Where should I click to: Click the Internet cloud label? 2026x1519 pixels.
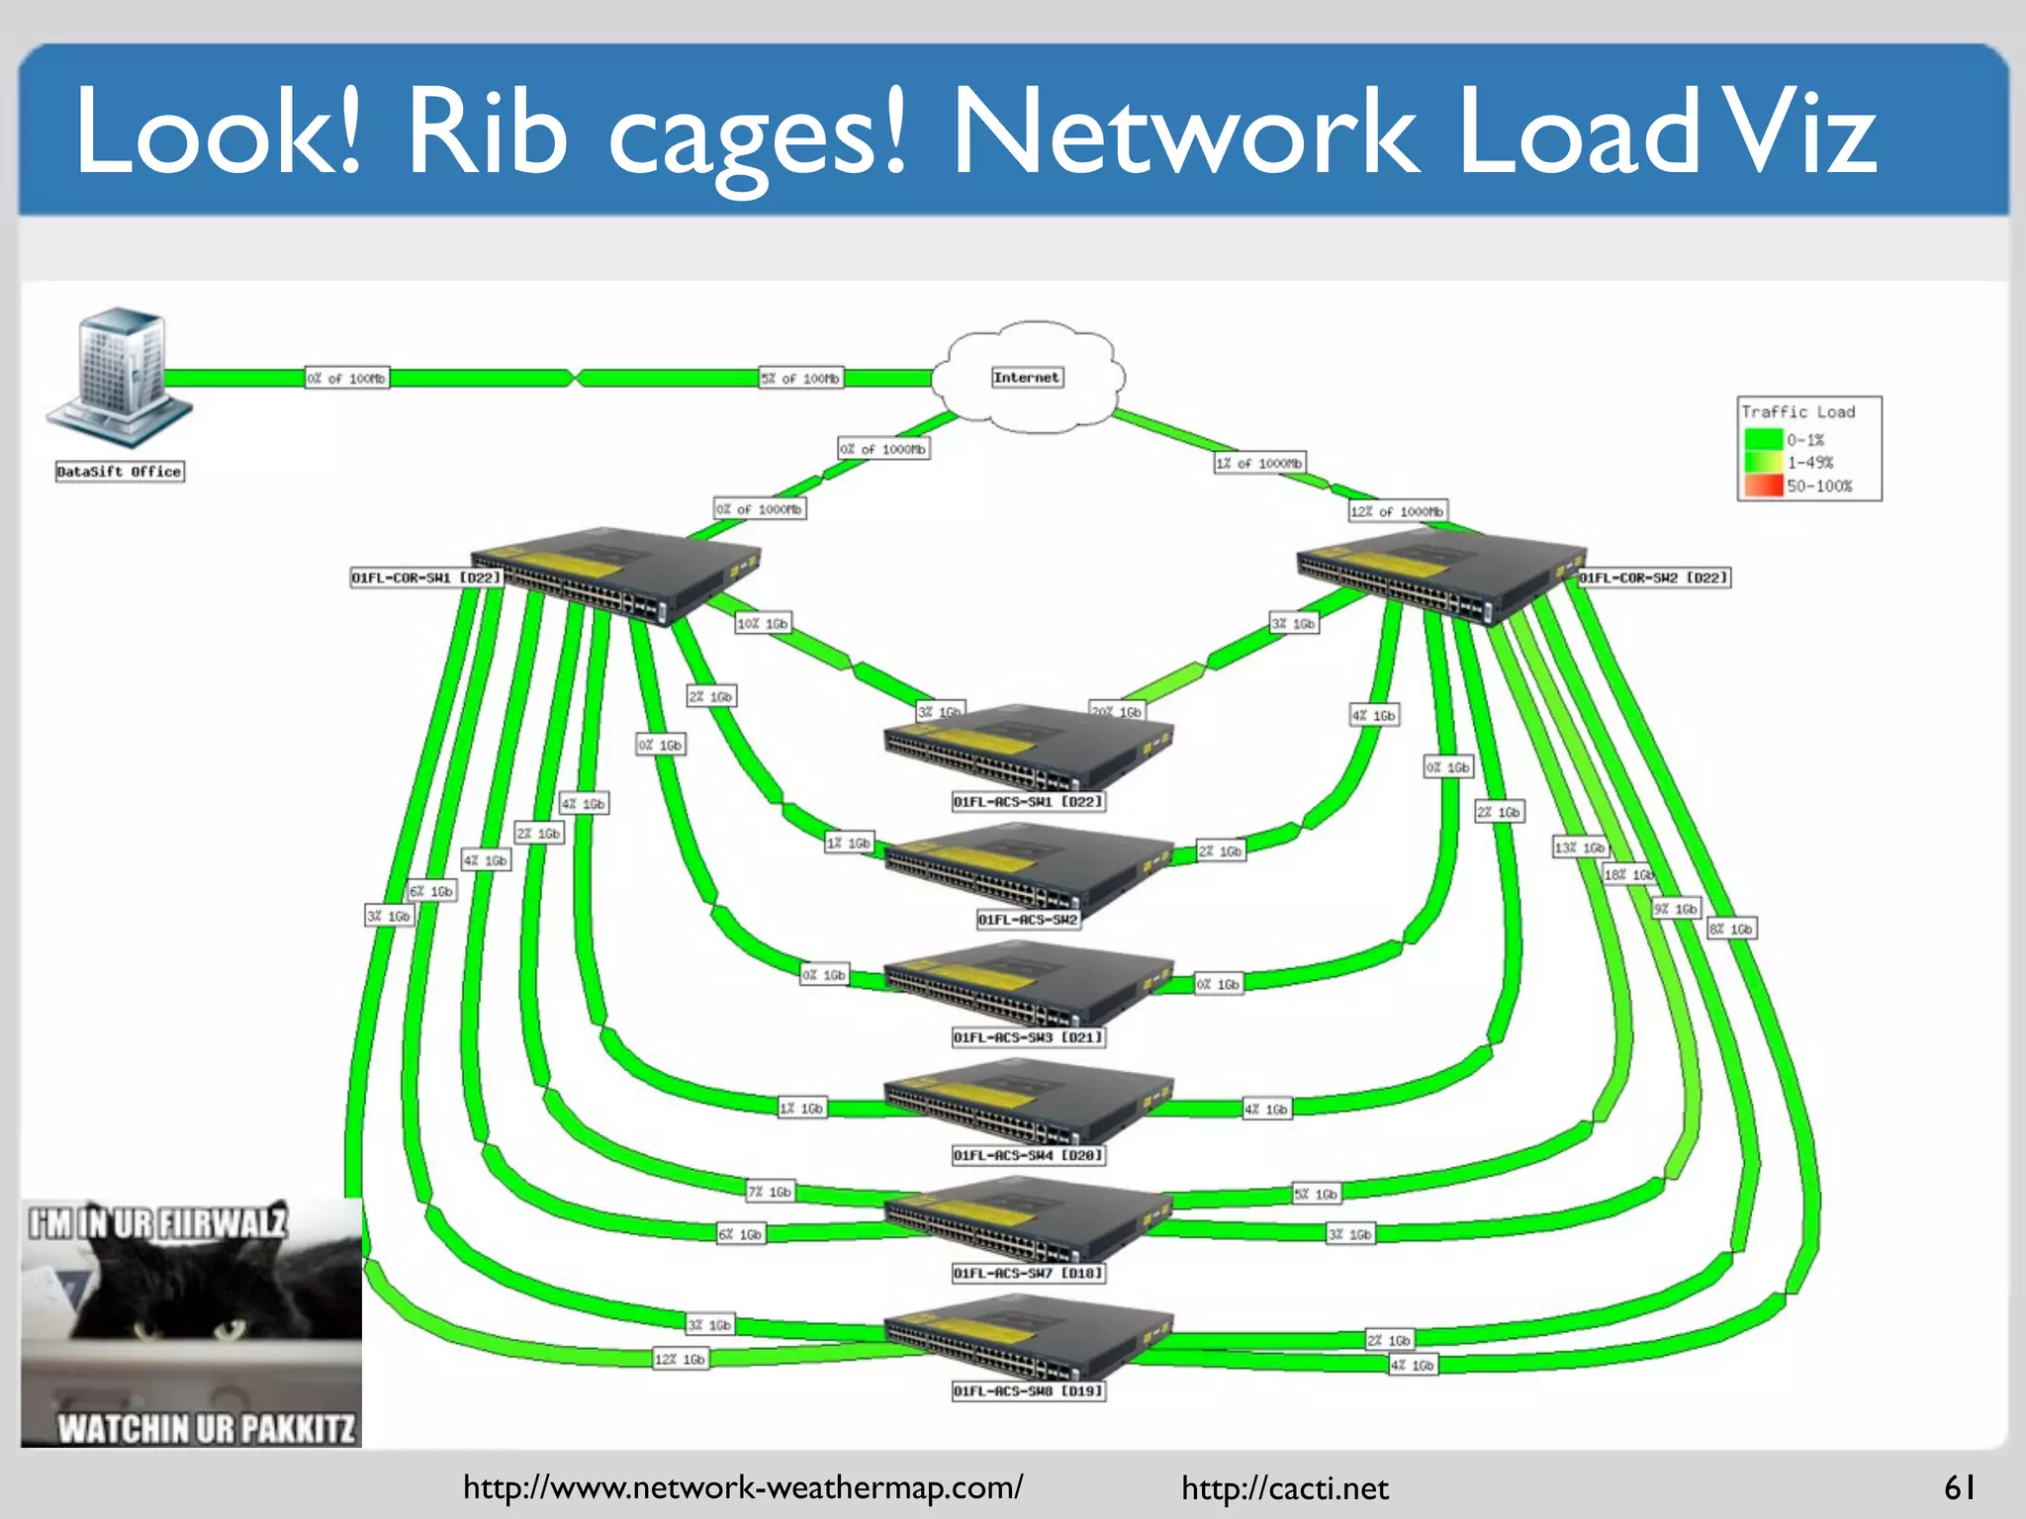coord(1027,377)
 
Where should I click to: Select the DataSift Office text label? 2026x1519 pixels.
coord(120,472)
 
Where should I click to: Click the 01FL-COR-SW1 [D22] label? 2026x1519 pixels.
coord(426,578)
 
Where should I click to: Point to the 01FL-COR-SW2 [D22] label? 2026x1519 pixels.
coord(1654,578)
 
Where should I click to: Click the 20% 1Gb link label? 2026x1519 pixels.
coord(1117,711)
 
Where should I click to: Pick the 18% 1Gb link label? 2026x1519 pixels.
coord(1628,874)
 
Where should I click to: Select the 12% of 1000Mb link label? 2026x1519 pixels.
coord(1397,511)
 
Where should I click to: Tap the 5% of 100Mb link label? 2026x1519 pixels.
coord(800,378)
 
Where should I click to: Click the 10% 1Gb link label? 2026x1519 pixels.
coord(763,624)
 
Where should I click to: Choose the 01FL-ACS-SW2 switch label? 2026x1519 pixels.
coord(1028,920)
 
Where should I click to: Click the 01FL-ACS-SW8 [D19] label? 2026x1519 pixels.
coord(1028,1391)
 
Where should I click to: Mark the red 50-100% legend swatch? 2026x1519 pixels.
coord(1762,486)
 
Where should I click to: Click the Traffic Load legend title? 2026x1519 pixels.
coord(1797,411)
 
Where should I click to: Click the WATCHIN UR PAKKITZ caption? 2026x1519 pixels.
coord(205,1428)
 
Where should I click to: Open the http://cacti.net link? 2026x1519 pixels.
coord(1284,1488)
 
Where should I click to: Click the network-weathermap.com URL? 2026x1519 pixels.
coord(743,1487)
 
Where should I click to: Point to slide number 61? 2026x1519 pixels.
coord(1960,1487)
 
